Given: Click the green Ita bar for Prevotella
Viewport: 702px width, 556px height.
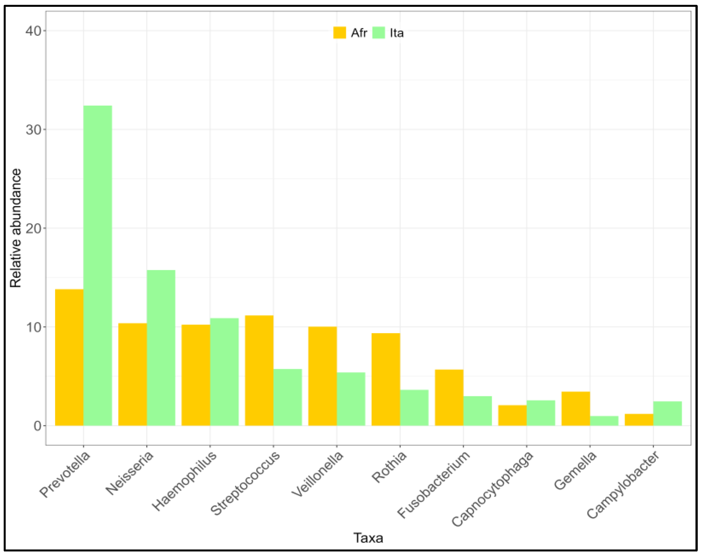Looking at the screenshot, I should (x=98, y=265).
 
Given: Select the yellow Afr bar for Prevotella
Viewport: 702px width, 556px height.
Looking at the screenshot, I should (x=69, y=357).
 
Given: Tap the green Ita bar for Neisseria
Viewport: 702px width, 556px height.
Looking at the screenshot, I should (x=161, y=348).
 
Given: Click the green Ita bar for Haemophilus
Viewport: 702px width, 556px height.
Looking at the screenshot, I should (x=224, y=371).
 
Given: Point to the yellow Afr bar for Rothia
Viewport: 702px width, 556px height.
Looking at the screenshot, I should (x=386, y=379).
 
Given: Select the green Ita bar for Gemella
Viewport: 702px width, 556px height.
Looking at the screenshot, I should (x=604, y=421).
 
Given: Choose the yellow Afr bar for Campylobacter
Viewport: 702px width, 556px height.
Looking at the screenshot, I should (x=639, y=420).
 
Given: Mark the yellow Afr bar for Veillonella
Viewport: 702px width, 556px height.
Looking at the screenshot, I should (x=322, y=376).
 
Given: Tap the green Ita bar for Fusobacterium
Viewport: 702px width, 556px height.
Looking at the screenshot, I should (x=477, y=411).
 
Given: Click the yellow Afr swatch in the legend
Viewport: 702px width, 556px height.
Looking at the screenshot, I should (x=339, y=33).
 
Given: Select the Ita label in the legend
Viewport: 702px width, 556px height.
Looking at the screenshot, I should (x=397, y=33).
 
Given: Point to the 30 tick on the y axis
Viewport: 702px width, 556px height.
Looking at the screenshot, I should (x=34, y=129).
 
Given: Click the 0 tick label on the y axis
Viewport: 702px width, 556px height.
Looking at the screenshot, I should (x=37, y=425).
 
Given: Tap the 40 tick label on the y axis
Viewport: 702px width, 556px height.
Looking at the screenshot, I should (x=34, y=31).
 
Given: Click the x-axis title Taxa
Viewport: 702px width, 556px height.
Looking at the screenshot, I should (x=368, y=538).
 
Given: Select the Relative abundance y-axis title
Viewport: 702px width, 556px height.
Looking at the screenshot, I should (x=15, y=228).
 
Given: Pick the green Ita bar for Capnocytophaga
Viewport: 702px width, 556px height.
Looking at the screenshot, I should (x=541, y=413).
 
